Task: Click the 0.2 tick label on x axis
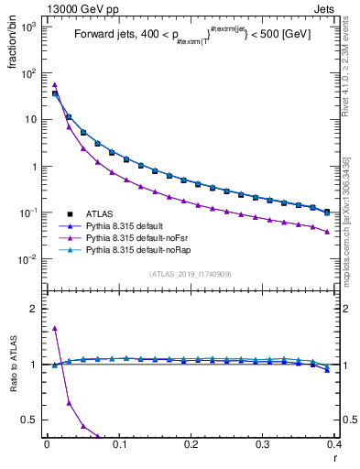click(191, 446)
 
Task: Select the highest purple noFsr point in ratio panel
click(55, 328)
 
